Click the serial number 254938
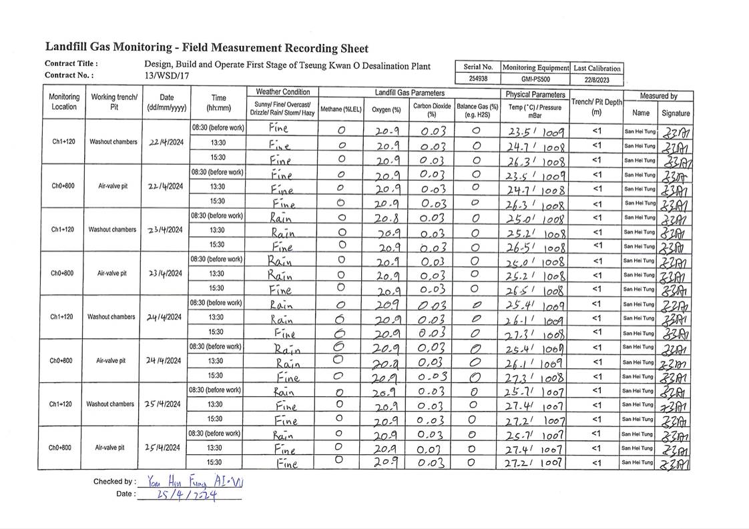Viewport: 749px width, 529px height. (x=477, y=79)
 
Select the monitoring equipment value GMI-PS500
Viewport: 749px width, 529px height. (x=535, y=79)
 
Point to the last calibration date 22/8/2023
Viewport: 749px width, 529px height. (x=597, y=79)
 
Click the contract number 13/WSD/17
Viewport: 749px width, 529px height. (x=167, y=76)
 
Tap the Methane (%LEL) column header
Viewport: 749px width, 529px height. (x=340, y=109)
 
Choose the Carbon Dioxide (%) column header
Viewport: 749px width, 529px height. (x=431, y=109)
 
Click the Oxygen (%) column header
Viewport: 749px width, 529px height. (x=387, y=109)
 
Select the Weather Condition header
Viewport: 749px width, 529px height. (x=282, y=92)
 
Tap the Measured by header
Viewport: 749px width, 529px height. (x=658, y=96)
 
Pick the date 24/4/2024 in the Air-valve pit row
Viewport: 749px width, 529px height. (x=163, y=361)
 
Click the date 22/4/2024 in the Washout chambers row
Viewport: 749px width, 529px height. (x=163, y=141)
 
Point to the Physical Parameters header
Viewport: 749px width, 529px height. (x=535, y=95)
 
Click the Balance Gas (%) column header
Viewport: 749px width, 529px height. (x=477, y=109)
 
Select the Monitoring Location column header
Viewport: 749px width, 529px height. (x=64, y=101)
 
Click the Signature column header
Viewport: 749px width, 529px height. (x=676, y=113)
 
